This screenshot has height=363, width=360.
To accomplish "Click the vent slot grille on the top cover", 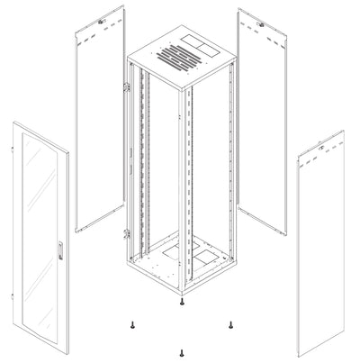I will click(x=172, y=64).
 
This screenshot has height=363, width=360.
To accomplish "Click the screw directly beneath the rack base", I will click(x=181, y=304).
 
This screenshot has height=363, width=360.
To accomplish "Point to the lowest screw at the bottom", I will click(x=181, y=353).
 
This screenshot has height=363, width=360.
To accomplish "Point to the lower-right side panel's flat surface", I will click(x=321, y=252).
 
